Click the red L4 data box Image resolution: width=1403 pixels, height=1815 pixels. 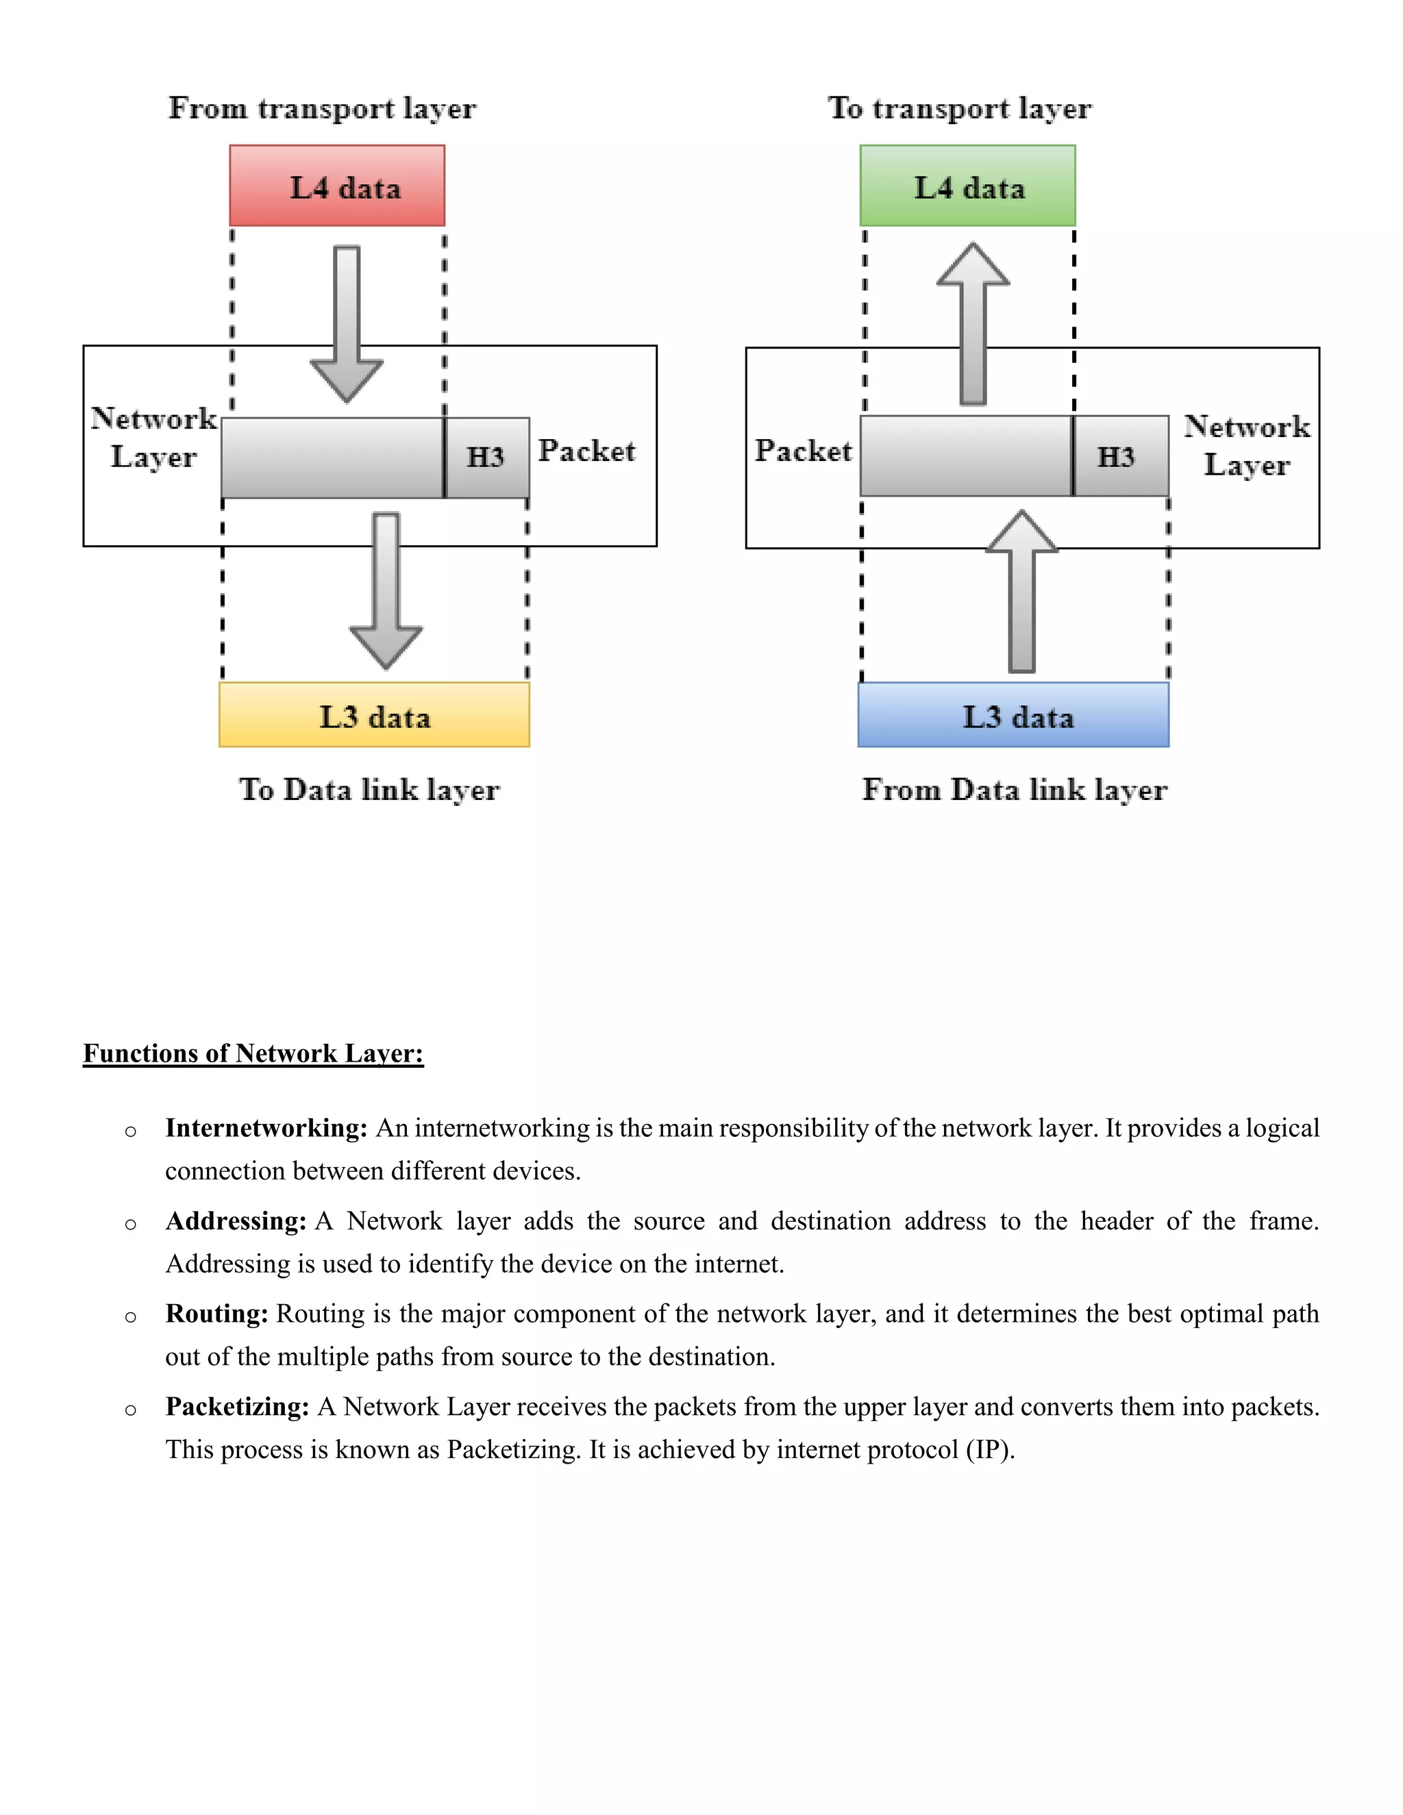[x=336, y=186]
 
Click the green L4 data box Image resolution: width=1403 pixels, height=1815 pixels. [x=967, y=186]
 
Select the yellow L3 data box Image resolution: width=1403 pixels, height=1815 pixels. [x=374, y=714]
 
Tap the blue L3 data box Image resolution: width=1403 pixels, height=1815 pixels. [x=1013, y=714]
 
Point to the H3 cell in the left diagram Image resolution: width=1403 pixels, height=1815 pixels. [x=487, y=457]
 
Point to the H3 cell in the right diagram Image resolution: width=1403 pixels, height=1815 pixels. [x=1119, y=456]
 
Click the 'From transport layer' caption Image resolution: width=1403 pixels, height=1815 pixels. [x=323, y=108]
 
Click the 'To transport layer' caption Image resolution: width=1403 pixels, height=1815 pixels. [x=959, y=108]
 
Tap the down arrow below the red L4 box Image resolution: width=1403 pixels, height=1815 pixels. [x=347, y=324]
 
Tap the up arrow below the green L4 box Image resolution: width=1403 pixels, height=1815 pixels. [x=973, y=324]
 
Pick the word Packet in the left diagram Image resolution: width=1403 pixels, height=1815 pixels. [x=587, y=451]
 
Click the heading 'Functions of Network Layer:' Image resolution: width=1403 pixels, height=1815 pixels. [x=253, y=1053]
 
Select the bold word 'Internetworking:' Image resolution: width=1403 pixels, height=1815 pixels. [x=266, y=1128]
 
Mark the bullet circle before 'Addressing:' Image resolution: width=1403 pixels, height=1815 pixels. [x=130, y=1224]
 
